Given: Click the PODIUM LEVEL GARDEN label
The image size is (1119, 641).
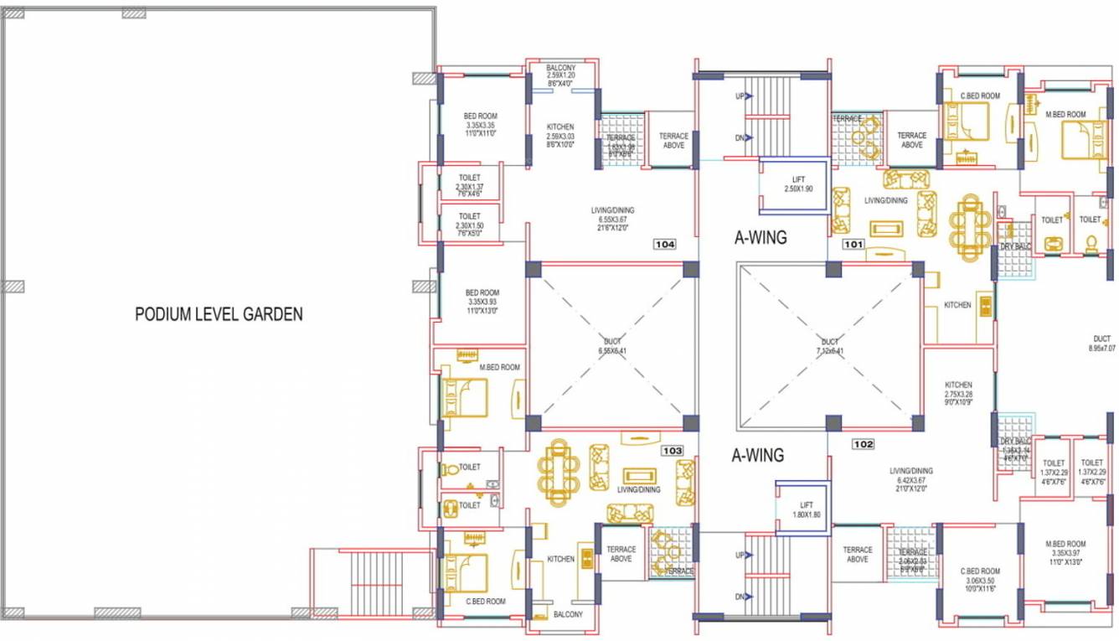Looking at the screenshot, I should (x=219, y=314).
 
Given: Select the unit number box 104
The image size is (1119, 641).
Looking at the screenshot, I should (x=665, y=245).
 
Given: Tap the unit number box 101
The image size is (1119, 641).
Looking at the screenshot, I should (x=853, y=245).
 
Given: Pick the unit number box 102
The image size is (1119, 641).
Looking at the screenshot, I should (x=864, y=444).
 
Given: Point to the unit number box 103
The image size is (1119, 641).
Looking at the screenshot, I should (x=672, y=451).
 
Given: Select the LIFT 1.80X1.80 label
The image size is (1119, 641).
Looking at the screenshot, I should (x=806, y=510).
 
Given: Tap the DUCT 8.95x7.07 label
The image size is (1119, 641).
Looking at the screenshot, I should (x=1101, y=344).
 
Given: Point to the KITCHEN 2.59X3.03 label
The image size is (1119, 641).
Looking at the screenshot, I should (x=559, y=135).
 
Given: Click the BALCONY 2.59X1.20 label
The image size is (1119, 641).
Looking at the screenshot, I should (x=560, y=75).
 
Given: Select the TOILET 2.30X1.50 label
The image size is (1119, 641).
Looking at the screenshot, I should (x=469, y=225).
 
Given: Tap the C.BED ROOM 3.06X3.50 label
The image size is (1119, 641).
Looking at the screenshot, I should (x=979, y=580).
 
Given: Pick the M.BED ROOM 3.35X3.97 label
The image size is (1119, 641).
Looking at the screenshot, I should (x=1065, y=553).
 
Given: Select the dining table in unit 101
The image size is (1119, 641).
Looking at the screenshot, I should (x=970, y=225).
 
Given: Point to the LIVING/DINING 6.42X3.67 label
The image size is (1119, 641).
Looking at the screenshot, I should (x=911, y=479).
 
